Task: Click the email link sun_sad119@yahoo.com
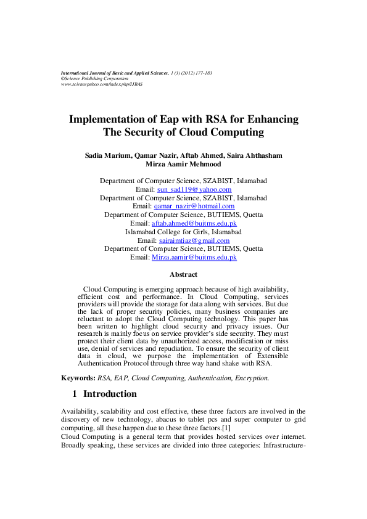194,190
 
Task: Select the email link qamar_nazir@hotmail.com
194,206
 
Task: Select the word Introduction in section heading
110,394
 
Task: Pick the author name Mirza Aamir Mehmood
183,165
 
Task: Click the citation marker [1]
226,428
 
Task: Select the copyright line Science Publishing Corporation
96,78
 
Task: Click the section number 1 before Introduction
73,394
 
